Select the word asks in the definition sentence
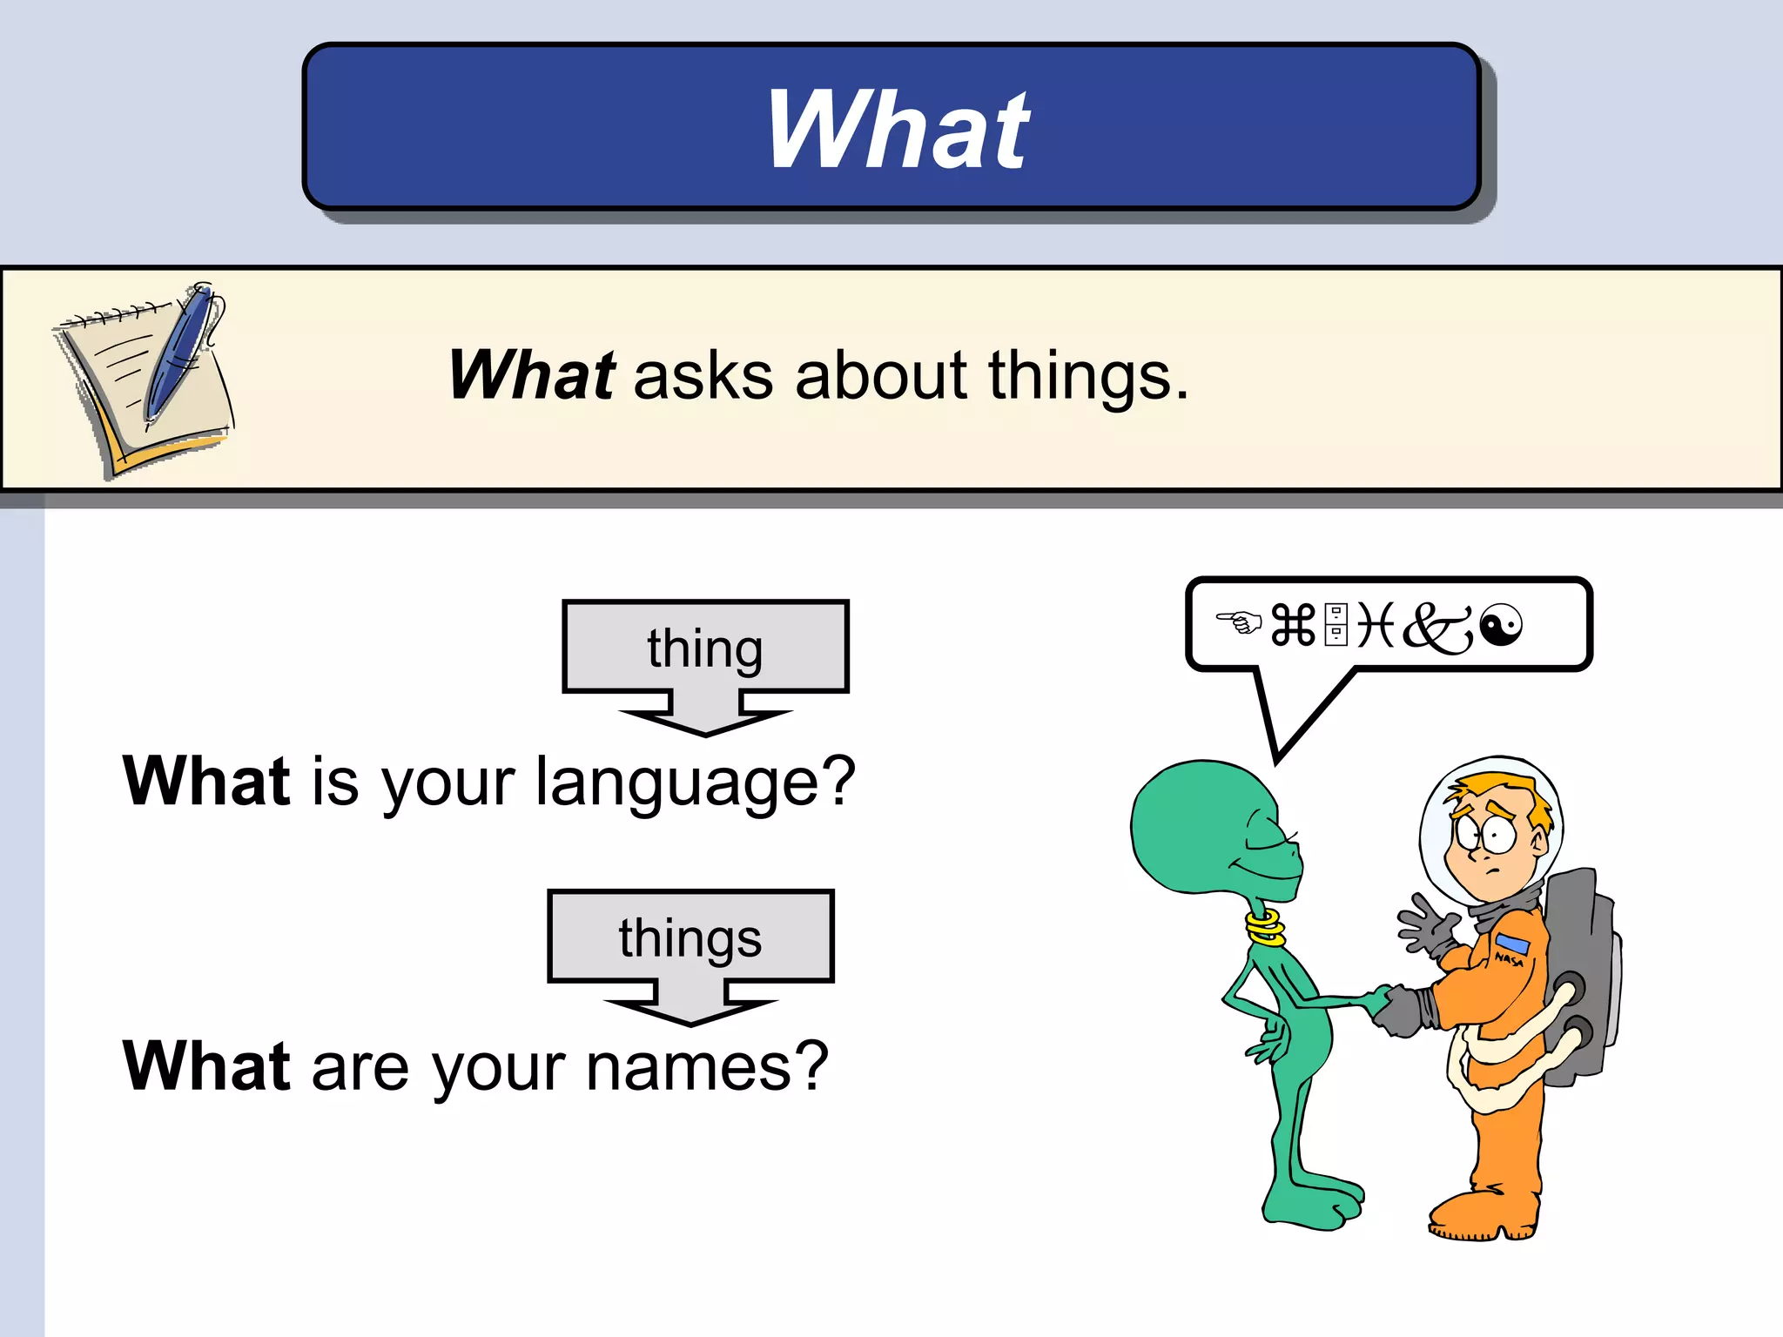[x=703, y=376]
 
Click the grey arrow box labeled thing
[x=705, y=648]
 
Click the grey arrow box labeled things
[x=690, y=938]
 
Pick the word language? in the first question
[x=695, y=783]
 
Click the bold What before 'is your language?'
[x=206, y=781]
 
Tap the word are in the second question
[x=360, y=1069]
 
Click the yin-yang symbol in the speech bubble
[x=1501, y=625]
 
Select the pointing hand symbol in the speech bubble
[x=1238, y=621]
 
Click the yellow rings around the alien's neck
[x=1265, y=928]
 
